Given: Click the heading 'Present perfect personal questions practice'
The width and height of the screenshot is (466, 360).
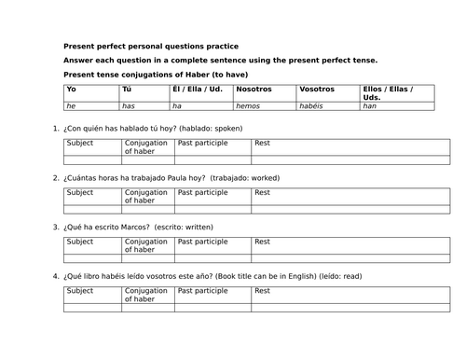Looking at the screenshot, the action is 150,46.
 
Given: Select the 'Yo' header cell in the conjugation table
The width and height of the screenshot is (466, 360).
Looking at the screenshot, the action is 71,89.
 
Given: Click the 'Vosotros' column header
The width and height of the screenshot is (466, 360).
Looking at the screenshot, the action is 318,89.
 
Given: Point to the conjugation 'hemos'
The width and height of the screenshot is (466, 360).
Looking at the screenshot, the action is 249,106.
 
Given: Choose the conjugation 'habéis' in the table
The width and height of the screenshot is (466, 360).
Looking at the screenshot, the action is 313,106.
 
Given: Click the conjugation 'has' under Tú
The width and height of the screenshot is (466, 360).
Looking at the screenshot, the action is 129,106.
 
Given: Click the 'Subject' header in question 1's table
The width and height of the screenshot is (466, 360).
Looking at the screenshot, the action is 80,143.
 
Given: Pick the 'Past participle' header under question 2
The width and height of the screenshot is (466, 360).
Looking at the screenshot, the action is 202,192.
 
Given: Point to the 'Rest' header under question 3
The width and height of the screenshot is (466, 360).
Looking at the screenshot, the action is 262,242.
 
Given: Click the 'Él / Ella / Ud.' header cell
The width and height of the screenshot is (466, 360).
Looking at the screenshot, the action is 197,89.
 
